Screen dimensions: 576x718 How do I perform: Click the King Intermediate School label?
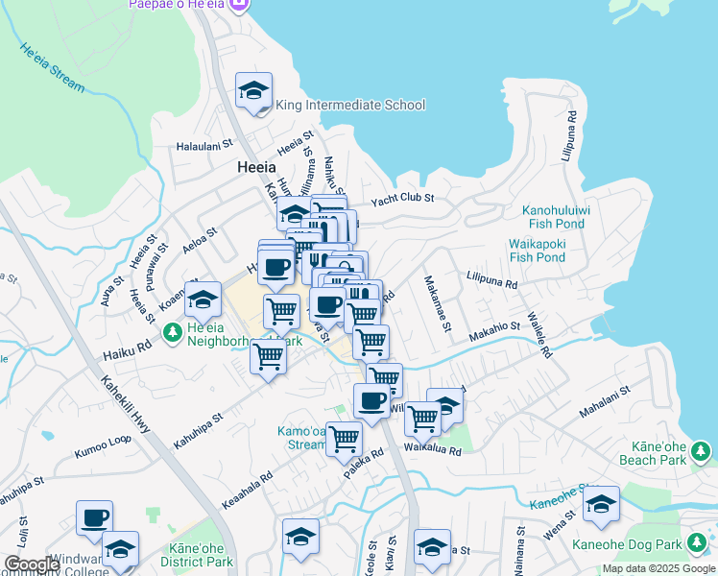(350, 105)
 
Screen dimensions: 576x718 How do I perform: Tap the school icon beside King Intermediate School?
(254, 91)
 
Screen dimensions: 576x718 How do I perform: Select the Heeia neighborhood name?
(257, 167)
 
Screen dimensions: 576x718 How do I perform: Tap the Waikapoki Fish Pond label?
(537, 250)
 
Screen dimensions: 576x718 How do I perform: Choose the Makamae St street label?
(438, 303)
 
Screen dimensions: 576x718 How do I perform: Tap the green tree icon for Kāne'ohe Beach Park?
(700, 449)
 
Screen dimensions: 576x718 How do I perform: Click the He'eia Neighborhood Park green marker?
(173, 332)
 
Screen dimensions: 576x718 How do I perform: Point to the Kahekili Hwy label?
(126, 403)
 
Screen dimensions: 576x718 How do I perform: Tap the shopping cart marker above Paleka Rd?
(344, 438)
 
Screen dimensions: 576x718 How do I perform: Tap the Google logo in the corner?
(32, 564)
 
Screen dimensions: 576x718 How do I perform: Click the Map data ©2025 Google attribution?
(658, 568)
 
